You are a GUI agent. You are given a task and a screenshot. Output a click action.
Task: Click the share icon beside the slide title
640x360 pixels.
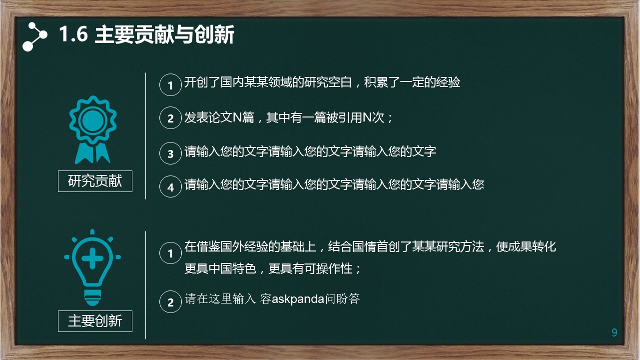[x=34, y=36]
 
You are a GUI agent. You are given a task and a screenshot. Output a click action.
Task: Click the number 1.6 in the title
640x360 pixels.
[x=73, y=34]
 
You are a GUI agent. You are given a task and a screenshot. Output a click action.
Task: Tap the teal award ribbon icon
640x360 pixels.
[x=92, y=129]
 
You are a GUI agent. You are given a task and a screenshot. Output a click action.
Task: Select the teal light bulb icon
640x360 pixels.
[x=92, y=267]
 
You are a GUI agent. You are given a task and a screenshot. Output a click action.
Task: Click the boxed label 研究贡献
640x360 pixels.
[x=95, y=181]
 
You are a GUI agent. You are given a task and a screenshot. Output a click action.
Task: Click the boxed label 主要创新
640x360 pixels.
[x=95, y=321]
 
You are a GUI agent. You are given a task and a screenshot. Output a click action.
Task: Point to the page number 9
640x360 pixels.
[x=615, y=332]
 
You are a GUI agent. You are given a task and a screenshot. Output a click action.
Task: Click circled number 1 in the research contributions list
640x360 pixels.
[x=170, y=84]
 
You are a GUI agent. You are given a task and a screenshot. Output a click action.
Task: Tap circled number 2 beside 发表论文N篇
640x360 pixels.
[x=170, y=118]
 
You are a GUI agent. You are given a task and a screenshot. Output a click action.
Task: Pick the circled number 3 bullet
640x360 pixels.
[x=170, y=153]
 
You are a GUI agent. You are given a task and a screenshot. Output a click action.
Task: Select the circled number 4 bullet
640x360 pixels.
[x=170, y=186]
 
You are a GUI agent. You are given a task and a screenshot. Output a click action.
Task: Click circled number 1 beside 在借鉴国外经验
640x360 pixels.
[x=170, y=253]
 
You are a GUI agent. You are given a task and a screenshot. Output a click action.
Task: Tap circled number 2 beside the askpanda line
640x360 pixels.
[x=170, y=301]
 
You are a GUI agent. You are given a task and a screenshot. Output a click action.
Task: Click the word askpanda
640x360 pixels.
[x=298, y=299]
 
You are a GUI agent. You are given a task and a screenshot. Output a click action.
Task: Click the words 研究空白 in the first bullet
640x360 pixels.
[x=328, y=82]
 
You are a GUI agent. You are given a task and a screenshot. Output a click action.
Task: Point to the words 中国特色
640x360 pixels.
[x=232, y=268]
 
